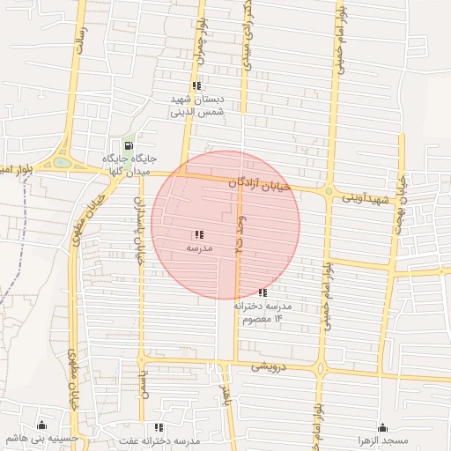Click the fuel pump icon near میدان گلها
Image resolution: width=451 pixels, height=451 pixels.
pos(129,146)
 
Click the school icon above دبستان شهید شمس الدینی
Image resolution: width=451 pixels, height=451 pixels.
pos(196,86)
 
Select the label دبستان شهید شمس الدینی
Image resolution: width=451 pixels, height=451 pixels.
pos(197,106)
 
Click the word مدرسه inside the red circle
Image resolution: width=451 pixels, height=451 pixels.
pos(198,249)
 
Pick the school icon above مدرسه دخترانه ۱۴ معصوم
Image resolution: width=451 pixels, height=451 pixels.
pos(262,292)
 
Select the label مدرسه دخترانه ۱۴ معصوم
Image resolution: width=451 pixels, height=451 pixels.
pos(262,312)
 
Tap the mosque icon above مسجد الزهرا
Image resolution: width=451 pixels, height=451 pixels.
pos(382,427)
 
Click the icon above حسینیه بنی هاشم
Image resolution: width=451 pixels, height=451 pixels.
pos(41,426)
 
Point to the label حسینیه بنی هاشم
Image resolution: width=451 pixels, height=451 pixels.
pos(41,439)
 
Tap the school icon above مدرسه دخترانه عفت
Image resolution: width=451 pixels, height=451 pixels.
pos(159,427)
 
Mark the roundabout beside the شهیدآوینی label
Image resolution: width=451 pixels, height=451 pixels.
pos(328,191)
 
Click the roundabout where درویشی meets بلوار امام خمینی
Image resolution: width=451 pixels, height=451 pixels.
pos(321,368)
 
